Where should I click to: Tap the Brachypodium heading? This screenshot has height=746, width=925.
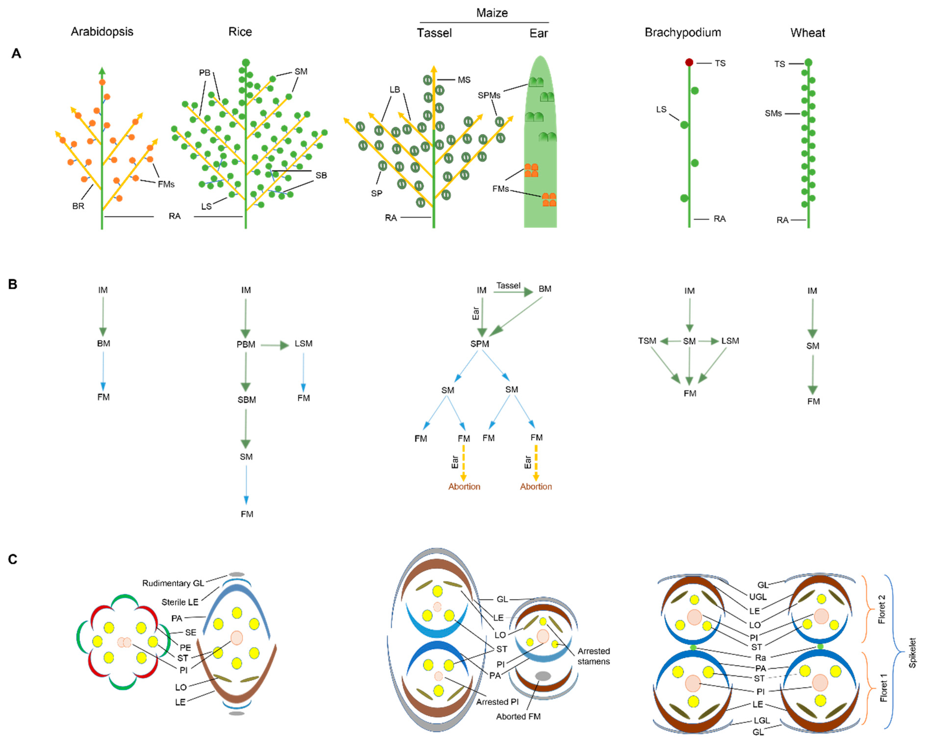[683, 33]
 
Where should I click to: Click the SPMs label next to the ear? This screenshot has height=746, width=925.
[489, 95]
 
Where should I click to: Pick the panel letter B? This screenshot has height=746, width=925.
[13, 285]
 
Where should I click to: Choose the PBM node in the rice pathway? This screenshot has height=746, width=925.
[246, 344]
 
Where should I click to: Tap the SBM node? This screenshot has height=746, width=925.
[246, 400]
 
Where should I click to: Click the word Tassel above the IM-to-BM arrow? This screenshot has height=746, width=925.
[508, 286]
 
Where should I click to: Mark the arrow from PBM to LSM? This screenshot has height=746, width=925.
[274, 345]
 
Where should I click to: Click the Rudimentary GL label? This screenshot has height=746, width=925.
[173, 583]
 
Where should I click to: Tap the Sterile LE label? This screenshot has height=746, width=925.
[180, 602]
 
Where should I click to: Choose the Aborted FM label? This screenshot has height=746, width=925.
[518, 716]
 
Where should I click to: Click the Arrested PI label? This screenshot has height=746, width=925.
[497, 702]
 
